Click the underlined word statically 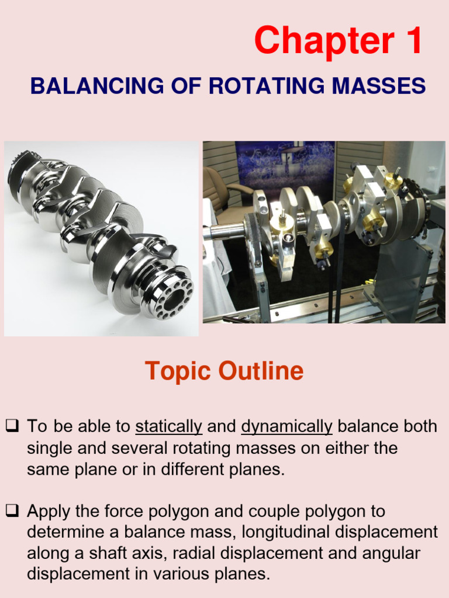168,427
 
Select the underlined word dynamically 286,427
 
